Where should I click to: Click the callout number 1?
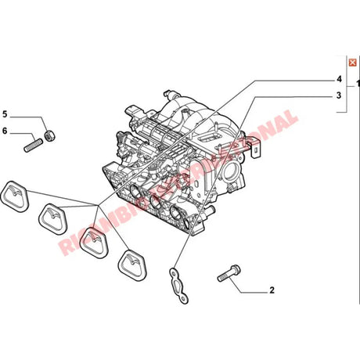click(357, 82)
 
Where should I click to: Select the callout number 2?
click(272, 290)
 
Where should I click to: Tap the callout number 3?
click(339, 95)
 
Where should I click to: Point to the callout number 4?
click(339, 80)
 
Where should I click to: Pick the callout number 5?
click(5, 116)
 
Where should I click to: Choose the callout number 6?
click(5, 131)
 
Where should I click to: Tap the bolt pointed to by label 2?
click(228, 274)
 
